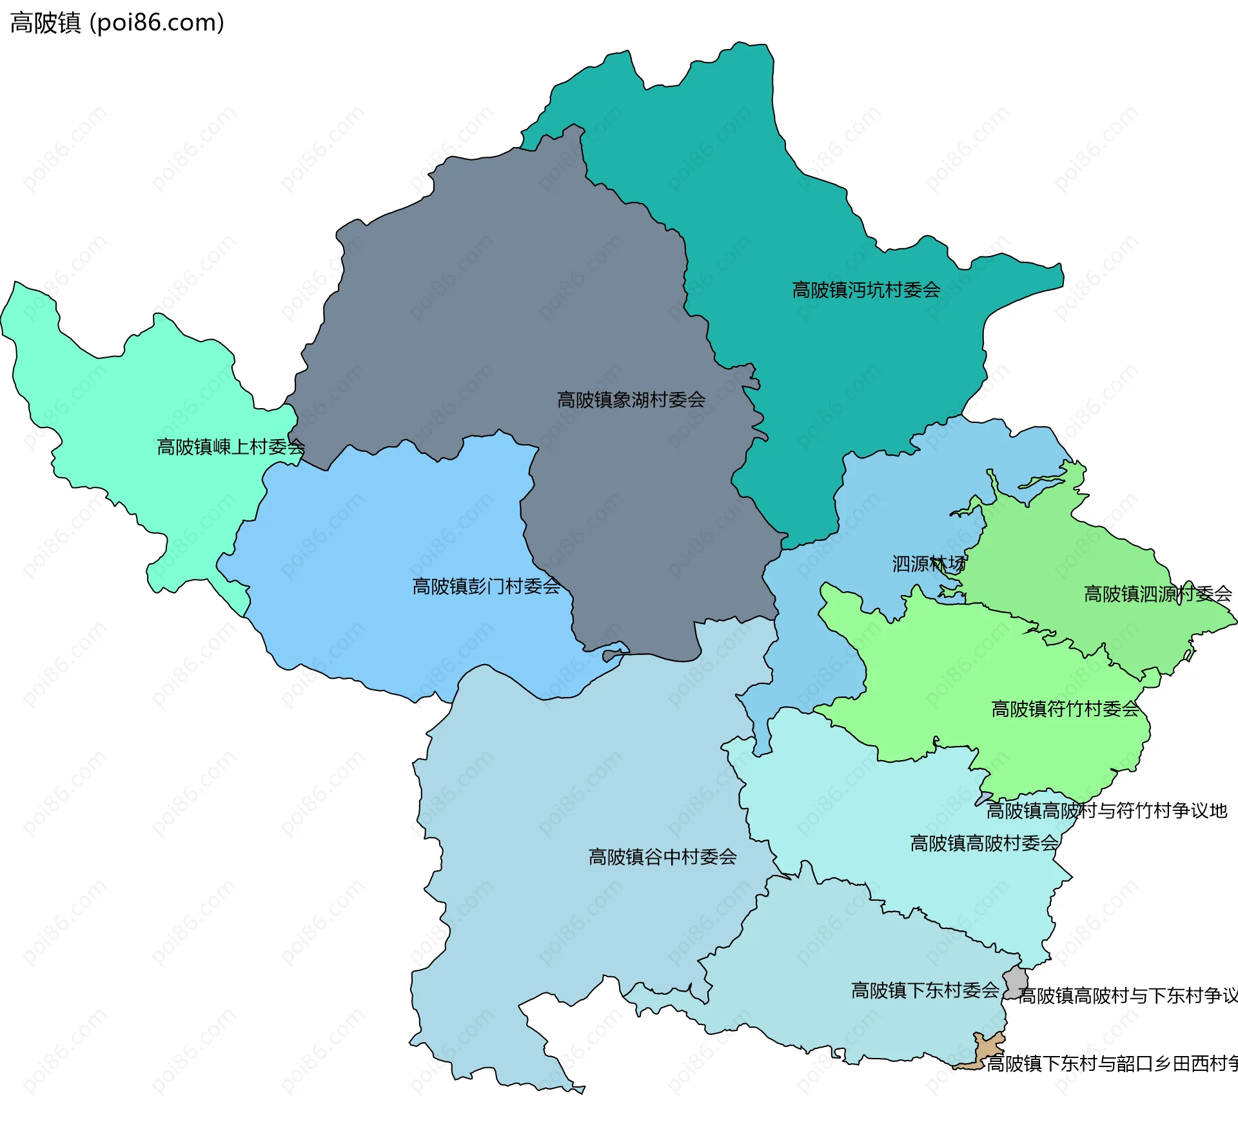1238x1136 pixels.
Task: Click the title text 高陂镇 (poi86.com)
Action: point(117,23)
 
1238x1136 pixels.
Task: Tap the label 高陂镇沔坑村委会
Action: point(865,290)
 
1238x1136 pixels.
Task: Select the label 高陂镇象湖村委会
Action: point(631,400)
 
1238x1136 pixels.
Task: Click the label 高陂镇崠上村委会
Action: point(230,447)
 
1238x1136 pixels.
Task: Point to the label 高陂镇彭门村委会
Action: point(486,586)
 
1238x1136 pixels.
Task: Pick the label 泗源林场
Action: point(928,564)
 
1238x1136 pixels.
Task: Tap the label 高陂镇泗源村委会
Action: point(1157,594)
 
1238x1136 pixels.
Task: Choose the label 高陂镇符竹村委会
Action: point(1065,709)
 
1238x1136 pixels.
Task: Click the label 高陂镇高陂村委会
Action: point(984,843)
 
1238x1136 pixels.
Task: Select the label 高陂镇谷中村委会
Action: point(662,857)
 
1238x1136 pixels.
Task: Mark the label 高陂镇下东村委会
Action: point(925,990)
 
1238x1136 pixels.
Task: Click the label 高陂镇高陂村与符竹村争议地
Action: point(1106,810)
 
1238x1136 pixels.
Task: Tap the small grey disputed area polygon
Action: point(1016,982)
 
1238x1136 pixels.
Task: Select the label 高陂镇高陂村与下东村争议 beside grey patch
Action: point(1127,995)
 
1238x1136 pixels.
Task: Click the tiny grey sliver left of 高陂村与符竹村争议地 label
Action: point(983,799)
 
